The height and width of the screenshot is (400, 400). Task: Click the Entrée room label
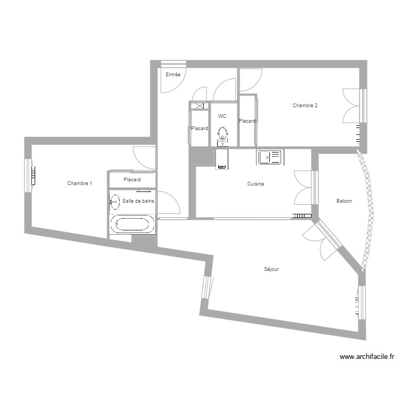click(x=173, y=75)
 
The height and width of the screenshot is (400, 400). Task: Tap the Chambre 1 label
click(x=79, y=183)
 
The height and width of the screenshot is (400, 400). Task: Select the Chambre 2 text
click(x=305, y=106)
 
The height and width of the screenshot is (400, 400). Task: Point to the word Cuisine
click(x=256, y=184)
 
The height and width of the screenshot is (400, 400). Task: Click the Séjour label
click(x=271, y=269)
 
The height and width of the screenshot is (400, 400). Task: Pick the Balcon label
click(x=344, y=201)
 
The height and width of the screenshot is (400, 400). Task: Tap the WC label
click(x=222, y=116)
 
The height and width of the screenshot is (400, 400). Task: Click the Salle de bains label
click(x=138, y=201)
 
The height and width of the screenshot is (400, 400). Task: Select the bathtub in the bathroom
click(x=132, y=225)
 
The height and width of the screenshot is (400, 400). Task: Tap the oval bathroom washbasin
click(x=114, y=201)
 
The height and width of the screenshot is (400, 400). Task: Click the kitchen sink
click(x=269, y=157)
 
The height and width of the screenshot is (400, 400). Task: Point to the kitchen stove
click(x=222, y=159)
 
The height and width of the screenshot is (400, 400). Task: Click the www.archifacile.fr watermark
click(x=367, y=358)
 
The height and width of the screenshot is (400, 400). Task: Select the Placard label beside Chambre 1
click(x=132, y=180)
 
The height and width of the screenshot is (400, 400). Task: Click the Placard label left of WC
click(x=199, y=129)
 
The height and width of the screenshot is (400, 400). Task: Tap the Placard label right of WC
click(x=247, y=121)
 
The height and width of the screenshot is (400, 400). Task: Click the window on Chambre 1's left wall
click(x=29, y=174)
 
